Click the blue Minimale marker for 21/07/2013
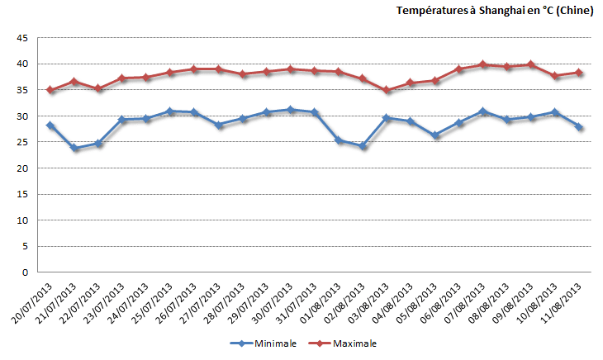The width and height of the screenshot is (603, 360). (74, 149)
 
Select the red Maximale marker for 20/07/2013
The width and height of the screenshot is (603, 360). (50, 90)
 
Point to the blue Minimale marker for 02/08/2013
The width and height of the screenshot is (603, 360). (363, 146)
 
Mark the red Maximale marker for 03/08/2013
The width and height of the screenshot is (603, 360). (387, 90)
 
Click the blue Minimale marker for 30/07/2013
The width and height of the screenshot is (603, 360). (290, 110)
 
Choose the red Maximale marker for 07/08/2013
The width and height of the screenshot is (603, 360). (483, 64)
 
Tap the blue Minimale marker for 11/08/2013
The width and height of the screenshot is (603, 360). (579, 127)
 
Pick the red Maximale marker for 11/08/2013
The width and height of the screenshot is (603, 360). (579, 73)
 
